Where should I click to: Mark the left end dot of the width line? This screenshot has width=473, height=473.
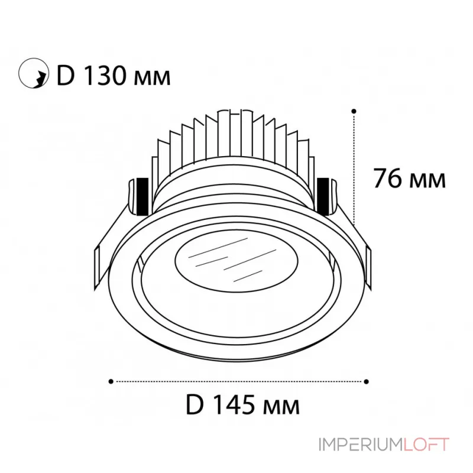click(112, 381)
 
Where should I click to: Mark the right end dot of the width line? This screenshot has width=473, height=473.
click(367, 381)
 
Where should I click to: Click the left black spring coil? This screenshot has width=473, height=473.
click(141, 195)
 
